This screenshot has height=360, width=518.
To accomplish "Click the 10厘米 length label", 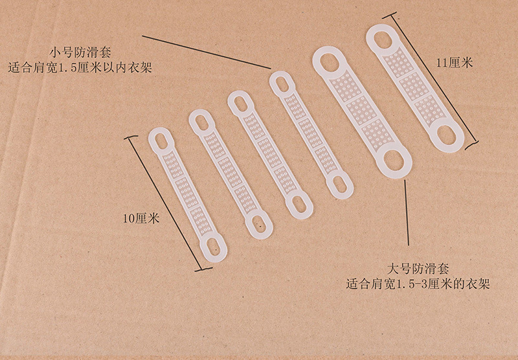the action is click(141, 218).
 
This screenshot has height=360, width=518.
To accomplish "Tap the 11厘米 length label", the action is click(455, 62).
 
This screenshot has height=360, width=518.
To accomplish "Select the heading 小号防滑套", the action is click(80, 52).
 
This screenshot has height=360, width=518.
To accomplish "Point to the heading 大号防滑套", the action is click(418, 269).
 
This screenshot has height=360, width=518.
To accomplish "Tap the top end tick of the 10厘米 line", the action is click(129, 137).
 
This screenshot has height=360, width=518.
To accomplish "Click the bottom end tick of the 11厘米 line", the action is click(471, 146).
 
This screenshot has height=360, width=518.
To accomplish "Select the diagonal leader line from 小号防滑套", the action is click(207, 52).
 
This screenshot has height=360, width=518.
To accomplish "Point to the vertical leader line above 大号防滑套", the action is click(407, 212).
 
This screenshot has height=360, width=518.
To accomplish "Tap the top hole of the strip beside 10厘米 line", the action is click(161, 140).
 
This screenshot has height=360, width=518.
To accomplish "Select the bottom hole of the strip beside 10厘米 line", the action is click(214, 249).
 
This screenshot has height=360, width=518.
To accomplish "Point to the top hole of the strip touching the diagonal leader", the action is click(282, 84).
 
